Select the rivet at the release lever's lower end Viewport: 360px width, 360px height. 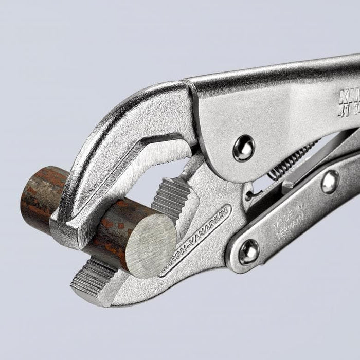pyautogui.click(x=249, y=251)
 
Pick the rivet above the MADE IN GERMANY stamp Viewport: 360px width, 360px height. pyautogui.click(x=330, y=182)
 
